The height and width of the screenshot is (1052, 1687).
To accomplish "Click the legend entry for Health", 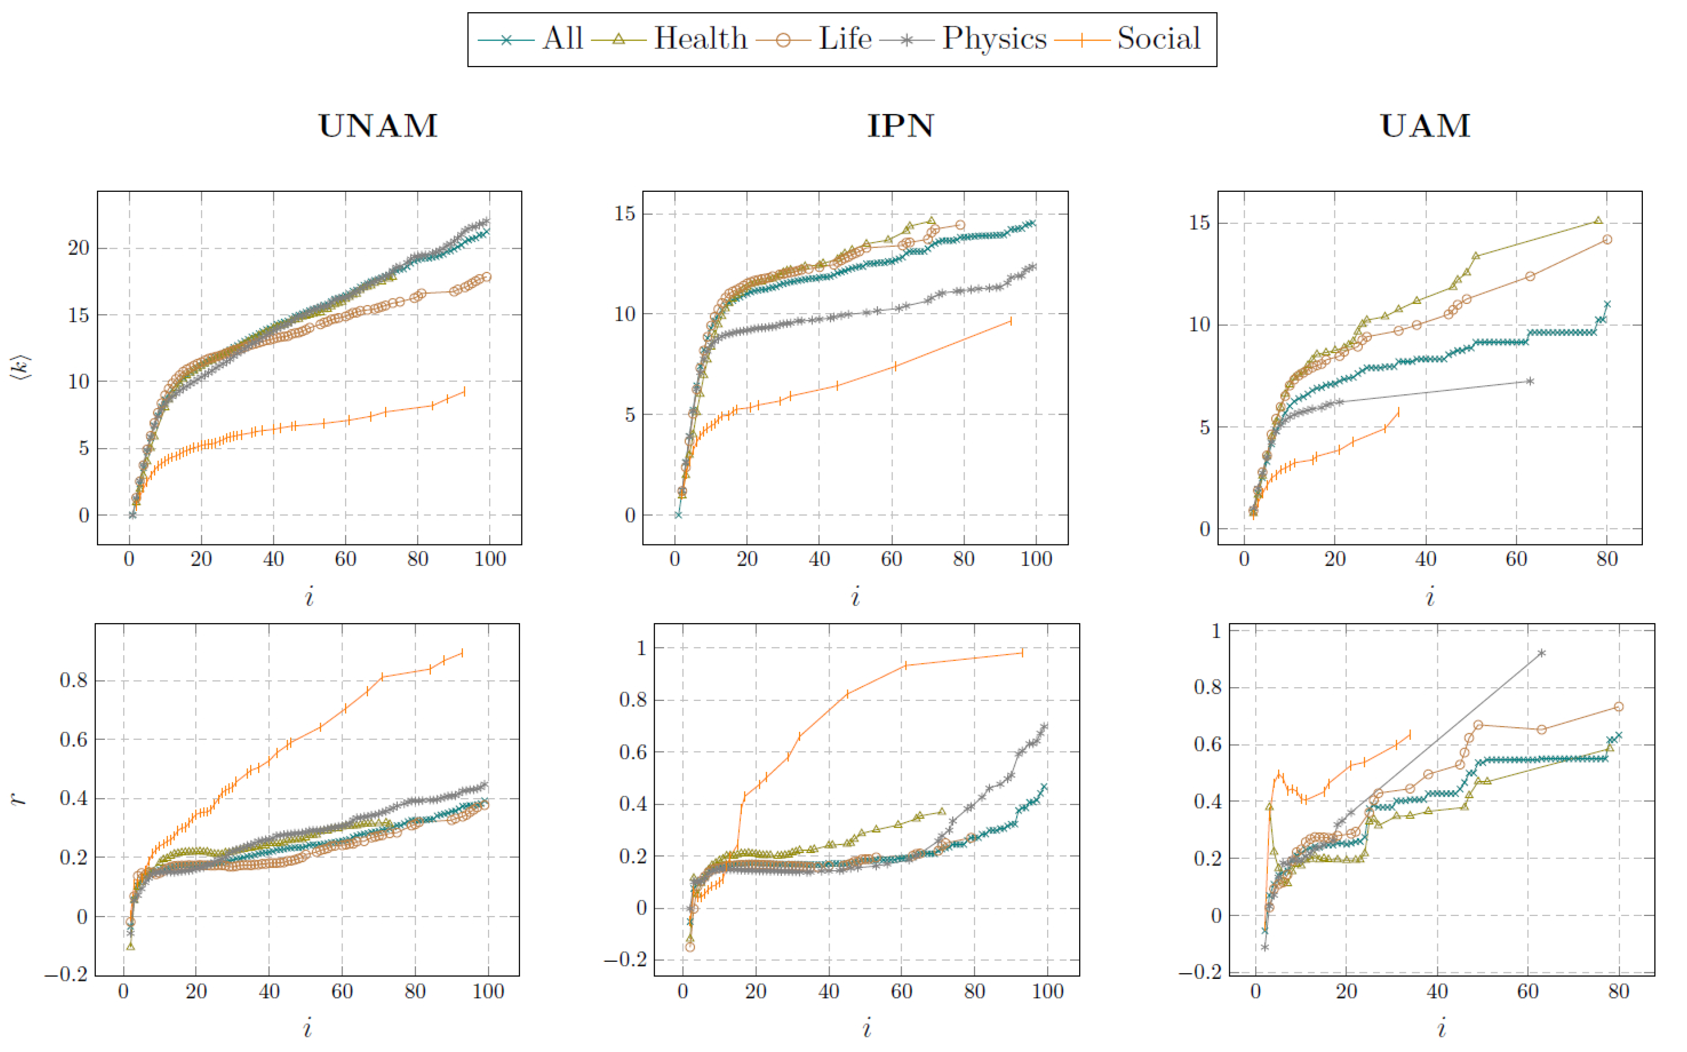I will coord(700,38).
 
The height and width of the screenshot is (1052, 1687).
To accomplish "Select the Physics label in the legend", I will coord(993,38).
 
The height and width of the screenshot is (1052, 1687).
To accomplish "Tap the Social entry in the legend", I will coord(1158,38).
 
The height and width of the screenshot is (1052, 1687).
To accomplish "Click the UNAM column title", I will coord(378,126).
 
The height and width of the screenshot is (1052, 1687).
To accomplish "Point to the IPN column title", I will coord(900,126).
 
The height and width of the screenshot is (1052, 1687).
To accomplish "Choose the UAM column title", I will coord(1425,126).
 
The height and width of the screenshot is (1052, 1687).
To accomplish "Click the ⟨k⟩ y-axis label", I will coord(20,367).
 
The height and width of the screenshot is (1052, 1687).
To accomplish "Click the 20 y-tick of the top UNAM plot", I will coord(79,248).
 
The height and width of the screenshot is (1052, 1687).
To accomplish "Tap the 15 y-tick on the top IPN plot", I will coord(624,214).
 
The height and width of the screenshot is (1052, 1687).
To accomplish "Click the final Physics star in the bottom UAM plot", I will coord(1541,653).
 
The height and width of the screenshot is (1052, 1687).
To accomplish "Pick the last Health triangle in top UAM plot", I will coord(1598,220).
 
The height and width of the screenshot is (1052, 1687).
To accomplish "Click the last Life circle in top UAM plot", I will coord(1607,240).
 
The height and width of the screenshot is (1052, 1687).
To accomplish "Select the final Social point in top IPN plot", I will coord(1011,321).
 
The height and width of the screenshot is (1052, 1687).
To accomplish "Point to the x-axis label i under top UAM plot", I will coord(1430,597).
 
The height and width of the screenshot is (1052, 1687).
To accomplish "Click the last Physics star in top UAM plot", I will coord(1530,381).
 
